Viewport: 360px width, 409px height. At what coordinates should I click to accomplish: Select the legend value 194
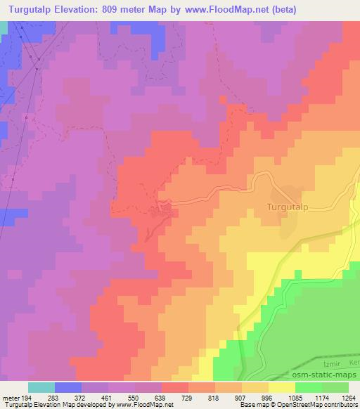(x=30, y=397)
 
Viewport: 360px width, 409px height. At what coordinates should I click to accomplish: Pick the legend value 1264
(x=348, y=397)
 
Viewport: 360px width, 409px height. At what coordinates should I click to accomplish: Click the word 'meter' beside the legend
(x=11, y=397)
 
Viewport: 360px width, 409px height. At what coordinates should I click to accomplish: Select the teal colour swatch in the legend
(x=41, y=387)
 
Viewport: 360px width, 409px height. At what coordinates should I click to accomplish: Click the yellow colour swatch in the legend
(x=281, y=387)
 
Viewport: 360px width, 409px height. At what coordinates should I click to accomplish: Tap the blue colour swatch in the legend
(x=68, y=387)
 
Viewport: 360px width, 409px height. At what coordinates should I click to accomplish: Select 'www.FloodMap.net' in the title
(x=224, y=10)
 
